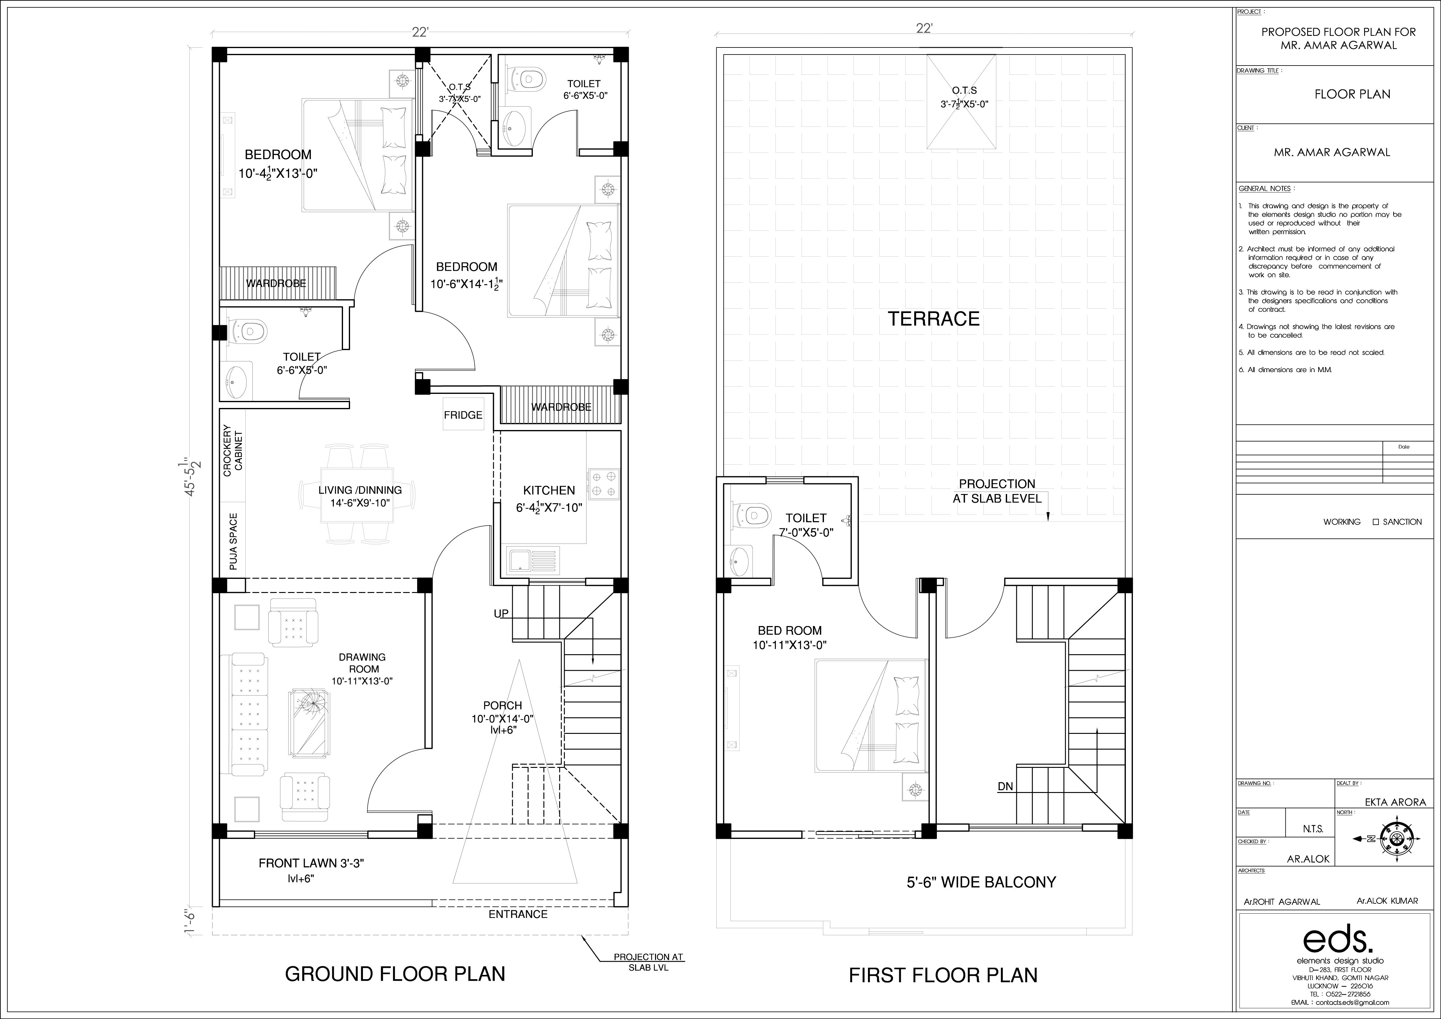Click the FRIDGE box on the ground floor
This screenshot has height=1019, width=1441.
[x=463, y=414]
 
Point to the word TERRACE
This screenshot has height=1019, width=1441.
[x=933, y=319]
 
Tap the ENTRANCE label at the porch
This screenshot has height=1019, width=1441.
[x=519, y=914]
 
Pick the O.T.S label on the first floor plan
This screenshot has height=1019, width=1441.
[x=964, y=90]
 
